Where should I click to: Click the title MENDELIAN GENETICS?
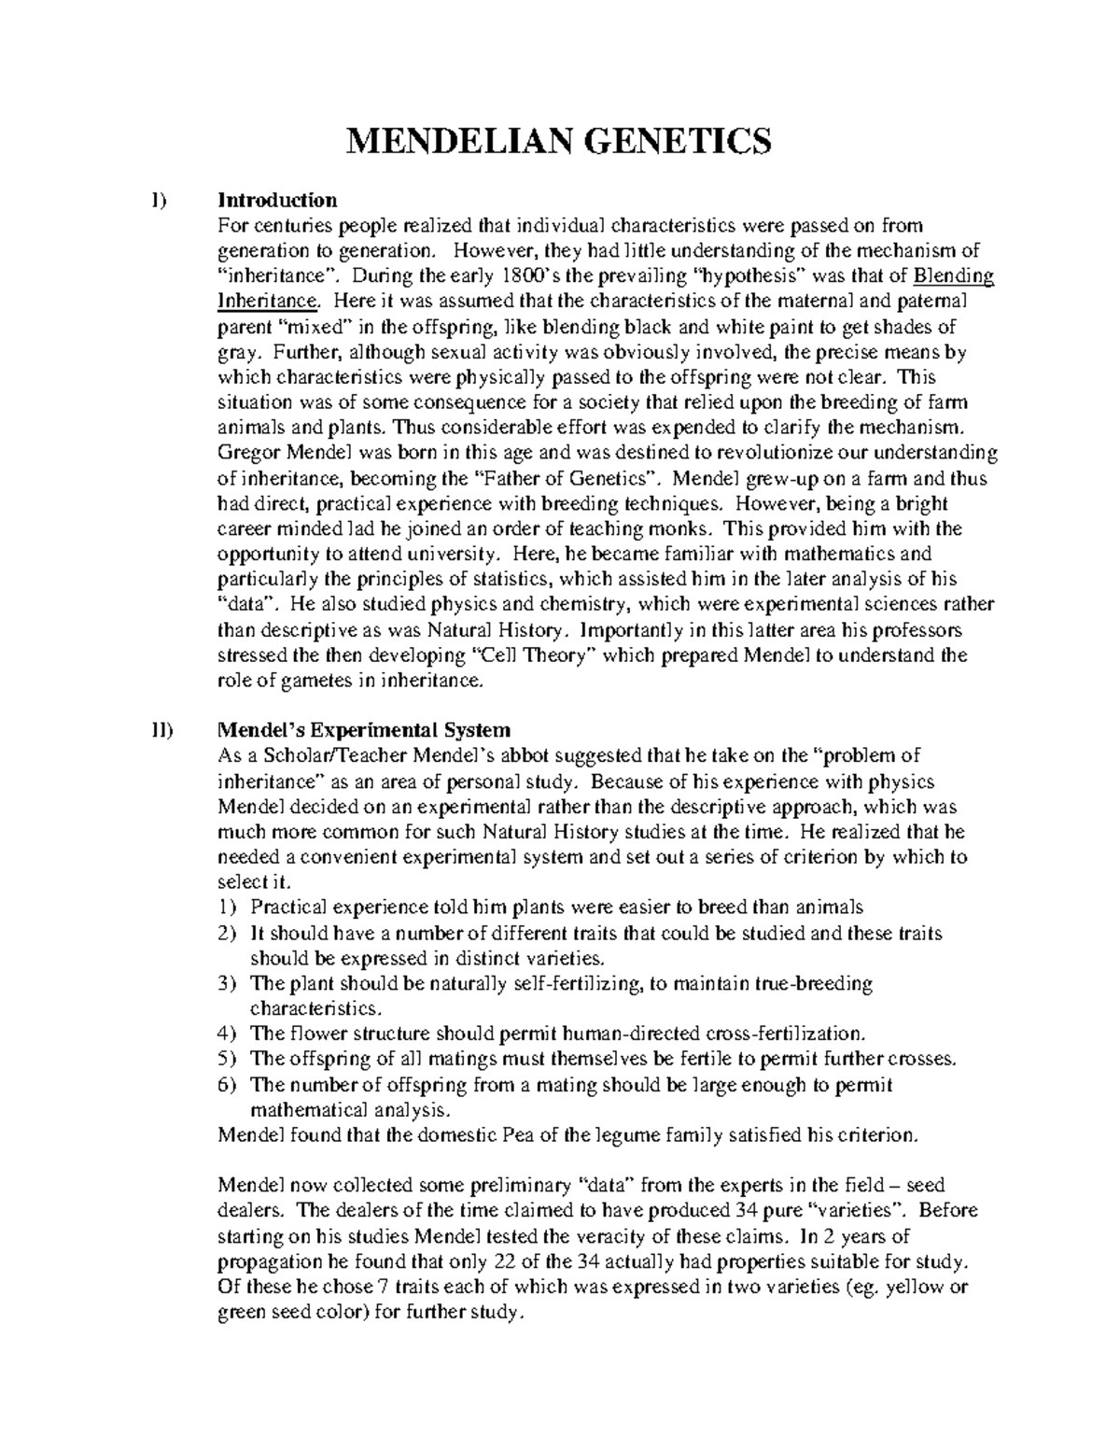pyautogui.click(x=559, y=142)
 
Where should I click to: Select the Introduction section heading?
pyautogui.click(x=276, y=200)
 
